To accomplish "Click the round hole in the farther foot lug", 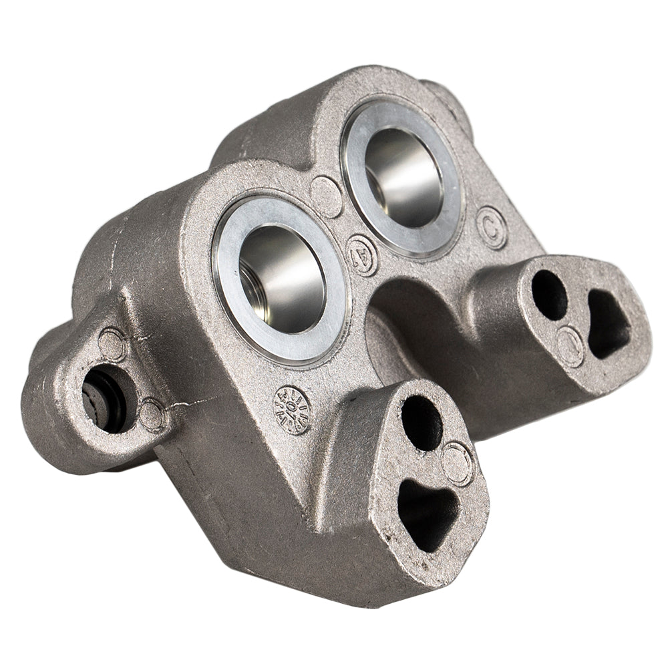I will [549, 295].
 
